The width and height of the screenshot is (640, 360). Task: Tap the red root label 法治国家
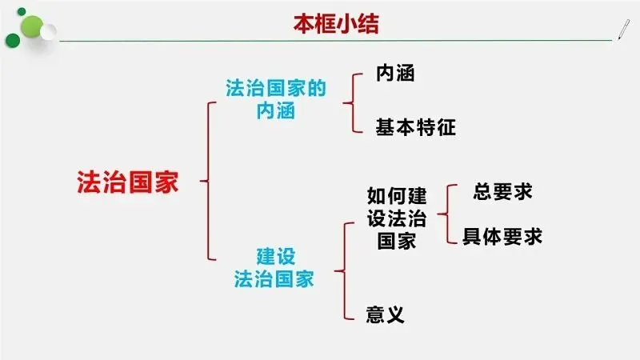pos(128,181)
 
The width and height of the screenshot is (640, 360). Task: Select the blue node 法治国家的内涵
pos(276,100)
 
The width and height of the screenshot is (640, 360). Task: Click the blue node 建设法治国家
pos(274,268)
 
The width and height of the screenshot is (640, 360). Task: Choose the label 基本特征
pos(416,126)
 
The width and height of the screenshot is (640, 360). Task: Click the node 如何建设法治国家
pos(397,218)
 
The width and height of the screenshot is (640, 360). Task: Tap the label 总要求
pos(502,192)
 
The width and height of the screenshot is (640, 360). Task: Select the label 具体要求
pos(502,237)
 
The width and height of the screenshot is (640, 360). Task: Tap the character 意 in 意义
pos(375,314)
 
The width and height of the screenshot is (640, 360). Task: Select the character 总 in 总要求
pos(482,192)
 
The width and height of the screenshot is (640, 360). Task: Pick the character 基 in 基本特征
pos(386,126)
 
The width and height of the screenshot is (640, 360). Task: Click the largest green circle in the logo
pos(26,21)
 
